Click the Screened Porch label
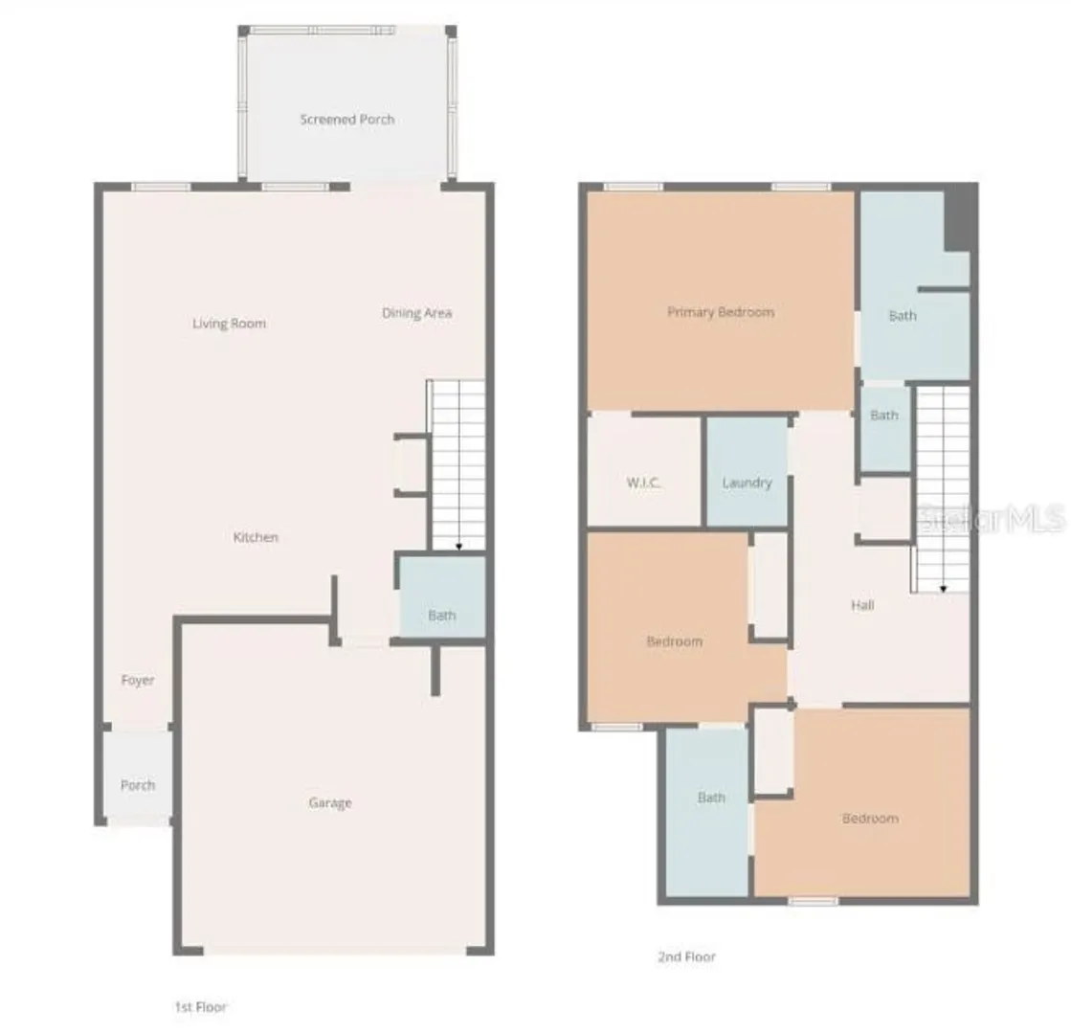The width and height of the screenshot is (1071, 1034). pyautogui.click(x=347, y=120)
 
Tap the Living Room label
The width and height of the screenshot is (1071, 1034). pyautogui.click(x=229, y=324)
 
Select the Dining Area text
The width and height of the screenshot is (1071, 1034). pyautogui.click(x=416, y=313)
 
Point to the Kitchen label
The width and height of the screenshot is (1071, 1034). pyautogui.click(x=256, y=537)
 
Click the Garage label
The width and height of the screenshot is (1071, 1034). pyautogui.click(x=330, y=803)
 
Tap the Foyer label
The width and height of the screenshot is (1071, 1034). pyautogui.click(x=137, y=680)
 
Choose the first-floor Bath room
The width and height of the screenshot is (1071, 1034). pyautogui.click(x=442, y=596)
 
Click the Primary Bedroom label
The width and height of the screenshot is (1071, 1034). pyautogui.click(x=721, y=312)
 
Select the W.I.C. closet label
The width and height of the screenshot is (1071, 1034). pyautogui.click(x=643, y=483)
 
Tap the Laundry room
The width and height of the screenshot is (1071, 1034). pyautogui.click(x=747, y=472)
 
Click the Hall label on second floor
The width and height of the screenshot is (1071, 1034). pyautogui.click(x=862, y=605)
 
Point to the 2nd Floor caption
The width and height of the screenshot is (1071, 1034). pyautogui.click(x=686, y=956)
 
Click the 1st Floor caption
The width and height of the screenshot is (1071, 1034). pyautogui.click(x=200, y=1006)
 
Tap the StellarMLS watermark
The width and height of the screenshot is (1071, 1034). pyautogui.click(x=992, y=519)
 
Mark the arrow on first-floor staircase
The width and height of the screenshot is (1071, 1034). pyautogui.click(x=459, y=546)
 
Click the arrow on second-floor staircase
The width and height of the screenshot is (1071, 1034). pyautogui.click(x=944, y=589)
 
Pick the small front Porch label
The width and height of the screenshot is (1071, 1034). pyautogui.click(x=137, y=785)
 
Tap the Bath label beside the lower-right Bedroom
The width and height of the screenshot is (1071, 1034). pyautogui.click(x=711, y=798)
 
